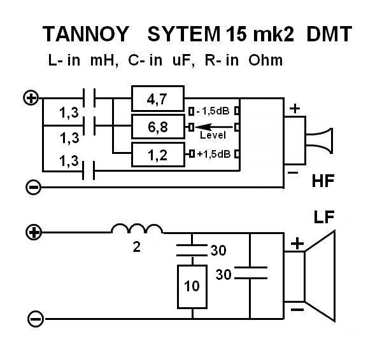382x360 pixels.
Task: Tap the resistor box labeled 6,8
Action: click(157, 127)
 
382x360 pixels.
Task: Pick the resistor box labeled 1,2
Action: click(157, 154)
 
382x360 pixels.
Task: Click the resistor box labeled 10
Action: click(192, 286)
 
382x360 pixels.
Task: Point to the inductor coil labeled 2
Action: click(137, 230)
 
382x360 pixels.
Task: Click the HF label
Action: click(323, 182)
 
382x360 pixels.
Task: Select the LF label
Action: click(325, 218)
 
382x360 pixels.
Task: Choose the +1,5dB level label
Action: click(213, 155)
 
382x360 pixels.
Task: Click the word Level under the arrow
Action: click(213, 135)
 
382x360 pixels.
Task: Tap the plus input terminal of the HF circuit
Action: click(30, 98)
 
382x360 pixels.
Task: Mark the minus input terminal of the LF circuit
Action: click(35, 318)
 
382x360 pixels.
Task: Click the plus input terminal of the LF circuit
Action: click(35, 232)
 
